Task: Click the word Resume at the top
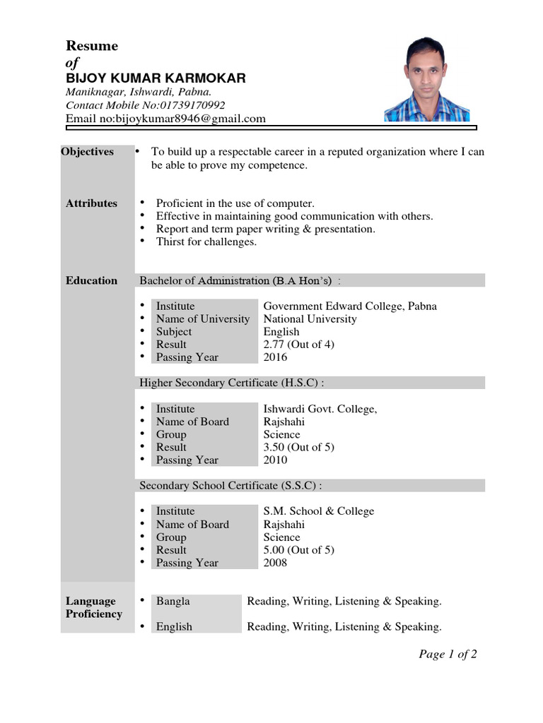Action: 92,46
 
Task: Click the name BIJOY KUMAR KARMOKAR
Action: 156,78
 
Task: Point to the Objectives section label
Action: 87,152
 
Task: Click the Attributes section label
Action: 92,203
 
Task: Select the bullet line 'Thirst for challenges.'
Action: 206,241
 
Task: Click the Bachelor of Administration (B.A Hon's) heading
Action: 236,280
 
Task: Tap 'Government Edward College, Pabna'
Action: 350,306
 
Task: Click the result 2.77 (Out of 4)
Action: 298,344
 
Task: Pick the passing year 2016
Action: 276,357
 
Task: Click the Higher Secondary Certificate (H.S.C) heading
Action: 232,383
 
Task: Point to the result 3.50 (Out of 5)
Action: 298,447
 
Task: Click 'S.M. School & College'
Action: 319,511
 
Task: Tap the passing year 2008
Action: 276,563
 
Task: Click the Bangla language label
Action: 173,602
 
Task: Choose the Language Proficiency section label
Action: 94,608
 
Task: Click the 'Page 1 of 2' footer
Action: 448,655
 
